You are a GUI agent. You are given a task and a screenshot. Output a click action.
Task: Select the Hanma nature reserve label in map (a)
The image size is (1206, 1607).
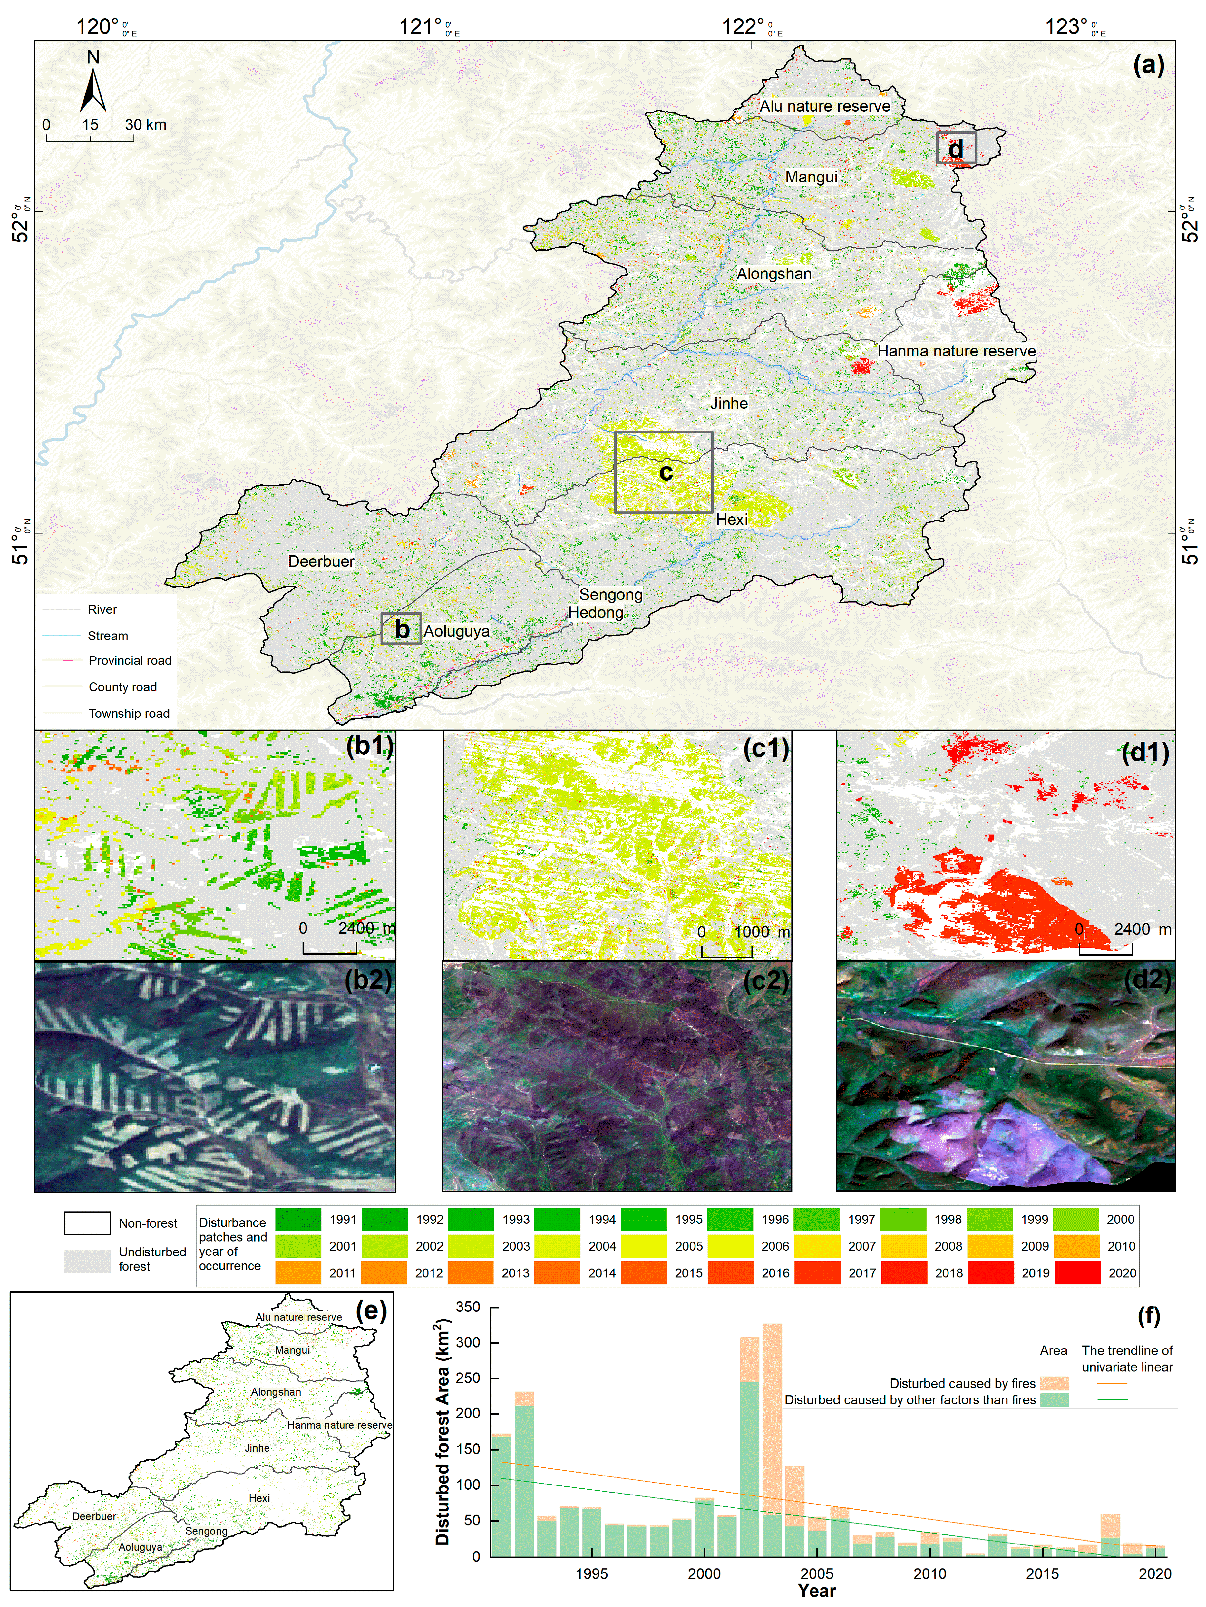click(x=956, y=351)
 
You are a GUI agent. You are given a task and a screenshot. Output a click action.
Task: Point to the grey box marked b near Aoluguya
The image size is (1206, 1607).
click(x=401, y=628)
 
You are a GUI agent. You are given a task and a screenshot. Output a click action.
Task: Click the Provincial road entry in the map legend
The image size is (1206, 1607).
click(x=129, y=660)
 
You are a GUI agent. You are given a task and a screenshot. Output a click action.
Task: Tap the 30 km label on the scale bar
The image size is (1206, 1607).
click(x=145, y=125)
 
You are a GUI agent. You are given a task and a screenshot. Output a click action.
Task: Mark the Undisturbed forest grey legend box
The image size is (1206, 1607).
click(x=87, y=1261)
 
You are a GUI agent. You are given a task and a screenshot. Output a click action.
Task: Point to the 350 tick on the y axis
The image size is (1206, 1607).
click(x=468, y=1307)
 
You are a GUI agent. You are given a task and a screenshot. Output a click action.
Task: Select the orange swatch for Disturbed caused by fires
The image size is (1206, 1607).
click(x=1054, y=1383)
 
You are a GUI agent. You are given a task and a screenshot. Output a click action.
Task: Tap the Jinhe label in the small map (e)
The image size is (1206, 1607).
click(x=257, y=1448)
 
